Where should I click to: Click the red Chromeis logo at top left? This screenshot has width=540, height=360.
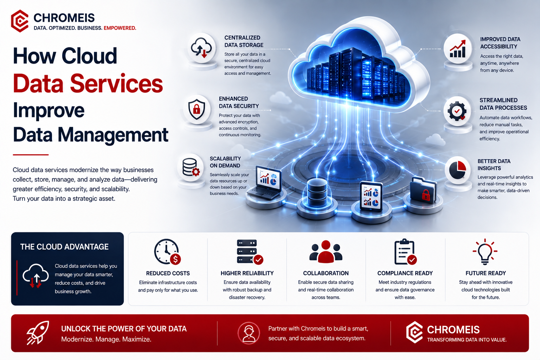(x=20, y=21)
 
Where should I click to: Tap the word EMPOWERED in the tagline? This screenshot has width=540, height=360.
(x=120, y=28)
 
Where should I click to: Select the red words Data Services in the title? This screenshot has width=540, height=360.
(x=88, y=83)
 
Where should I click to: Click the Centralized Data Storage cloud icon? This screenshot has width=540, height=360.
(x=201, y=48)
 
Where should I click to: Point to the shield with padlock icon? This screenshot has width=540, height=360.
(x=197, y=109)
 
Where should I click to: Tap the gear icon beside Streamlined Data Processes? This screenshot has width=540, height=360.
(x=457, y=111)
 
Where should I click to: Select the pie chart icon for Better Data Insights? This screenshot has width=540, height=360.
(x=457, y=170)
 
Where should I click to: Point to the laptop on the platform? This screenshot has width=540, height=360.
(x=265, y=182)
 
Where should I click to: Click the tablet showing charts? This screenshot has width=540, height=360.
(x=371, y=196)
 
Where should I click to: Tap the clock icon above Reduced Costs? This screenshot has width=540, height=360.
(x=167, y=252)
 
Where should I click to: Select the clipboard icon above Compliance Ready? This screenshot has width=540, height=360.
(x=405, y=252)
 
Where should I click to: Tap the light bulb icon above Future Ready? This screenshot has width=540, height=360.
(x=485, y=251)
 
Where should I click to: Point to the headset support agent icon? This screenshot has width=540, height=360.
(x=249, y=333)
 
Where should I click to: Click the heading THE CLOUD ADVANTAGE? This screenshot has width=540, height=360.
(x=64, y=247)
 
